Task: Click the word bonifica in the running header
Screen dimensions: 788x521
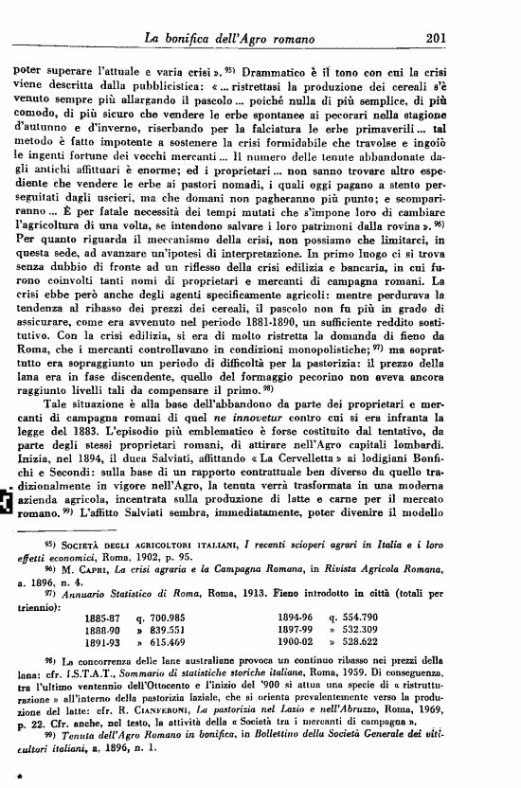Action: point(204,39)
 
